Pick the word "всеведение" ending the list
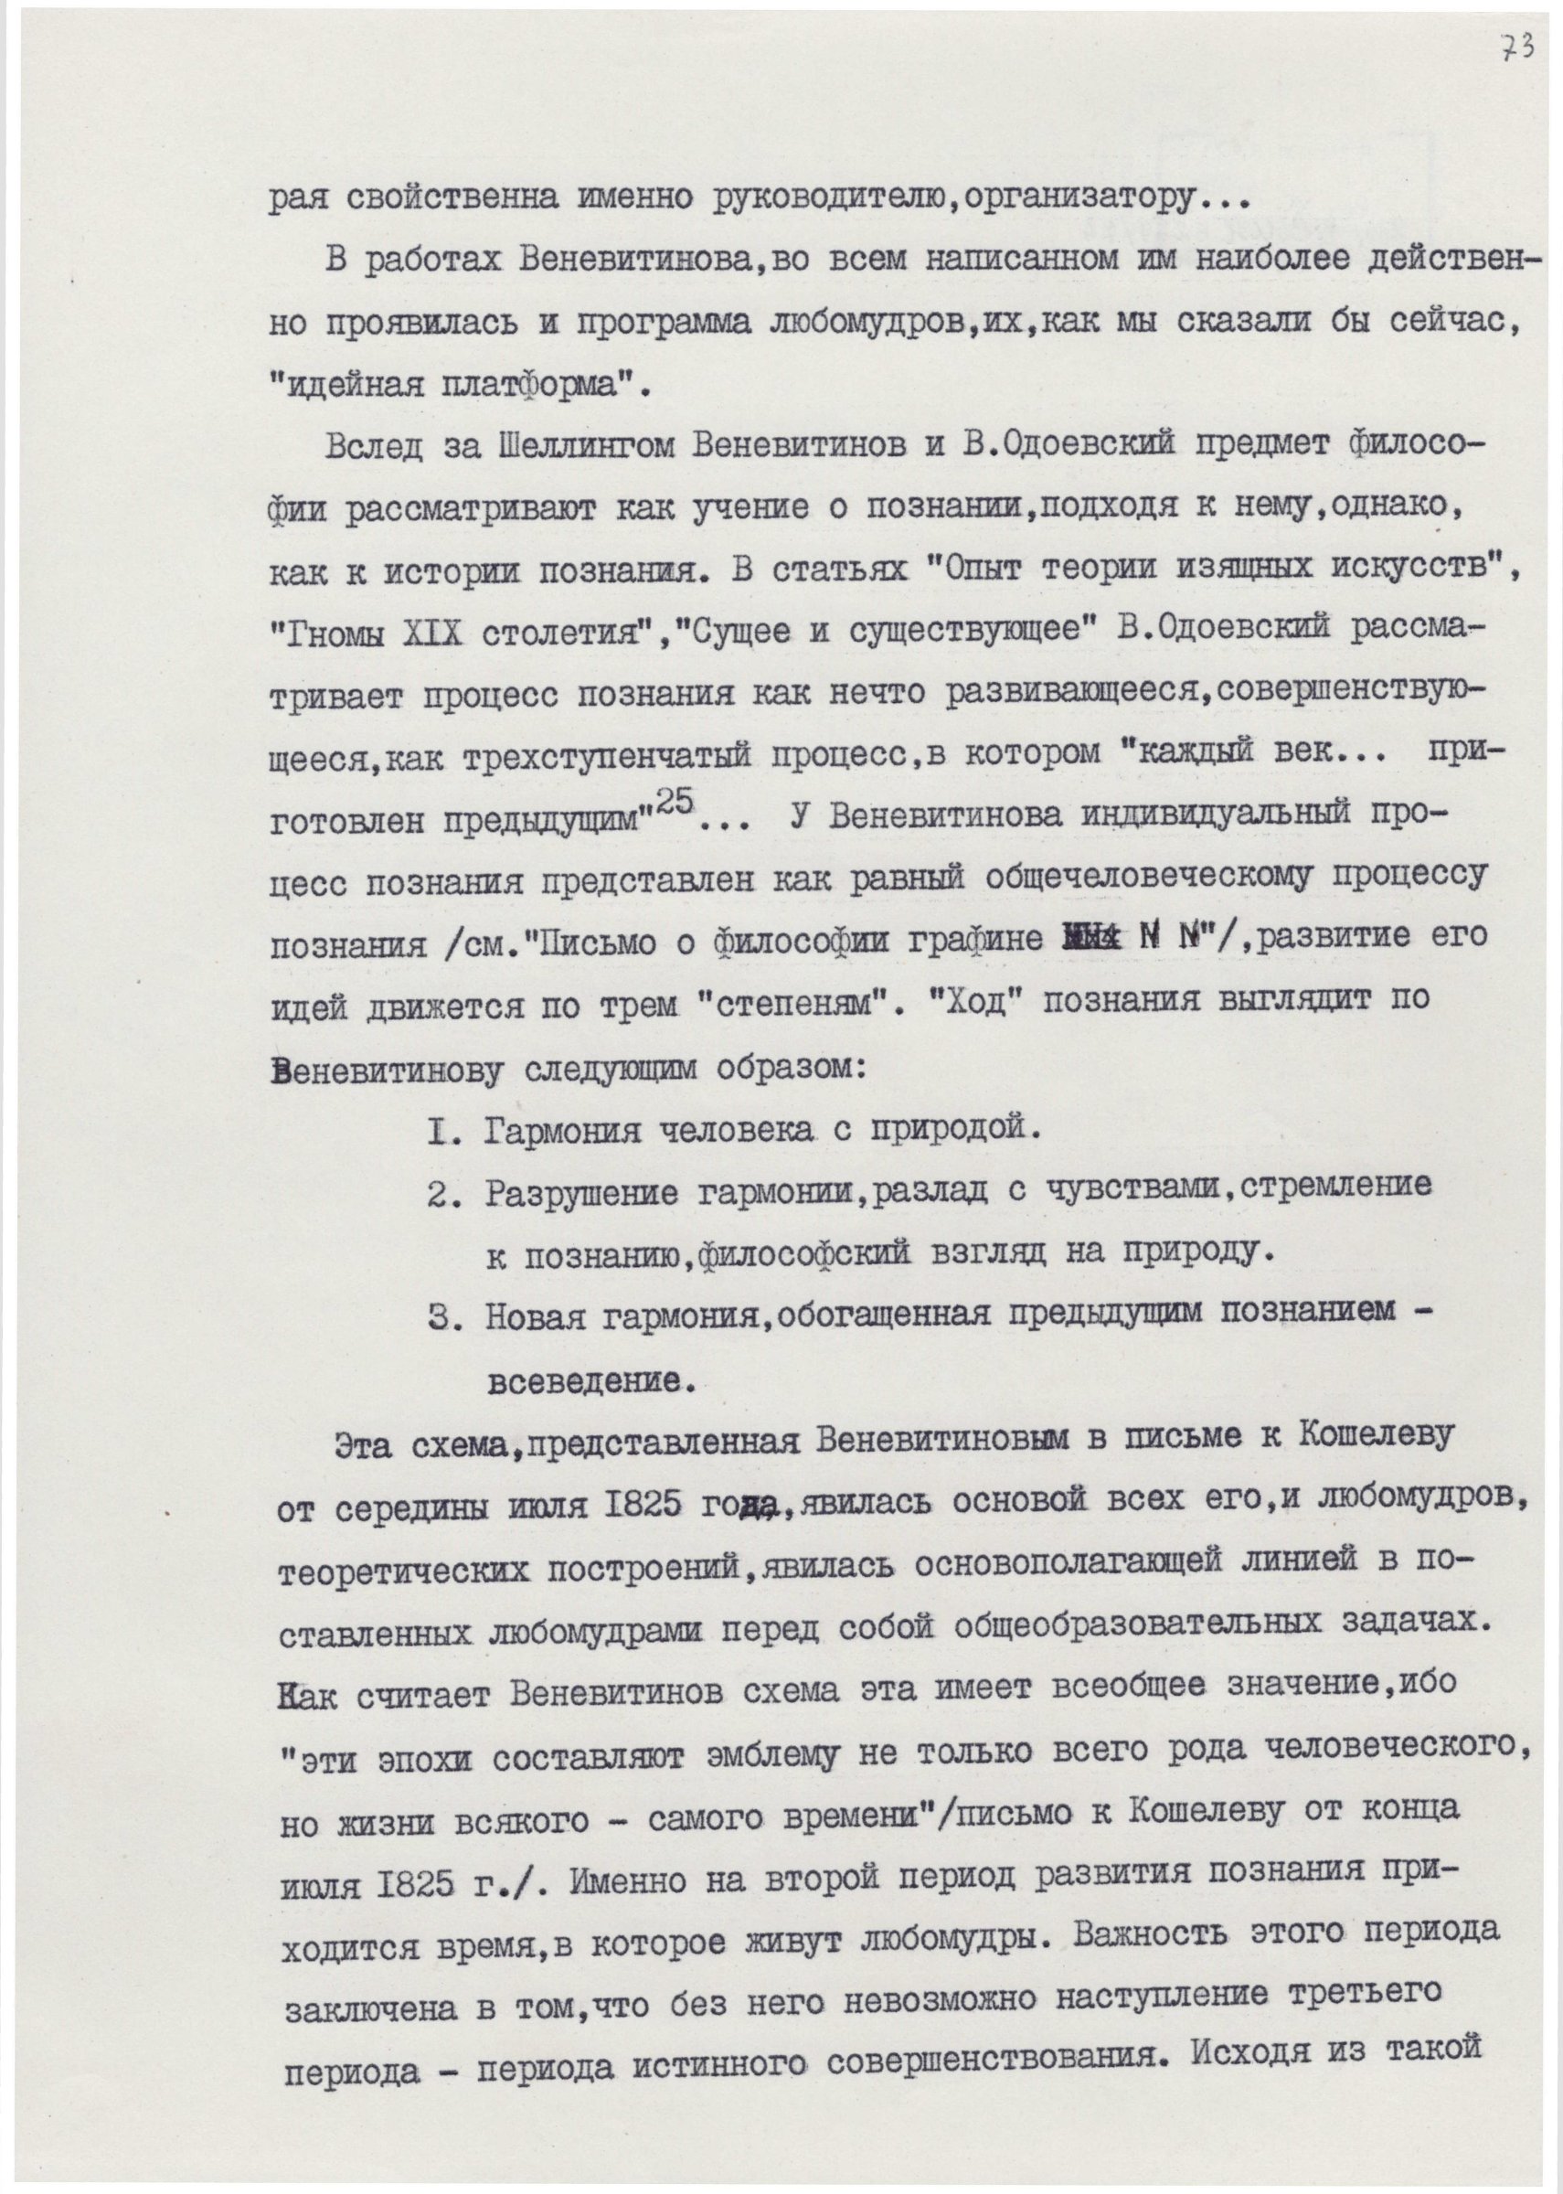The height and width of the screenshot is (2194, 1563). coord(589,1383)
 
